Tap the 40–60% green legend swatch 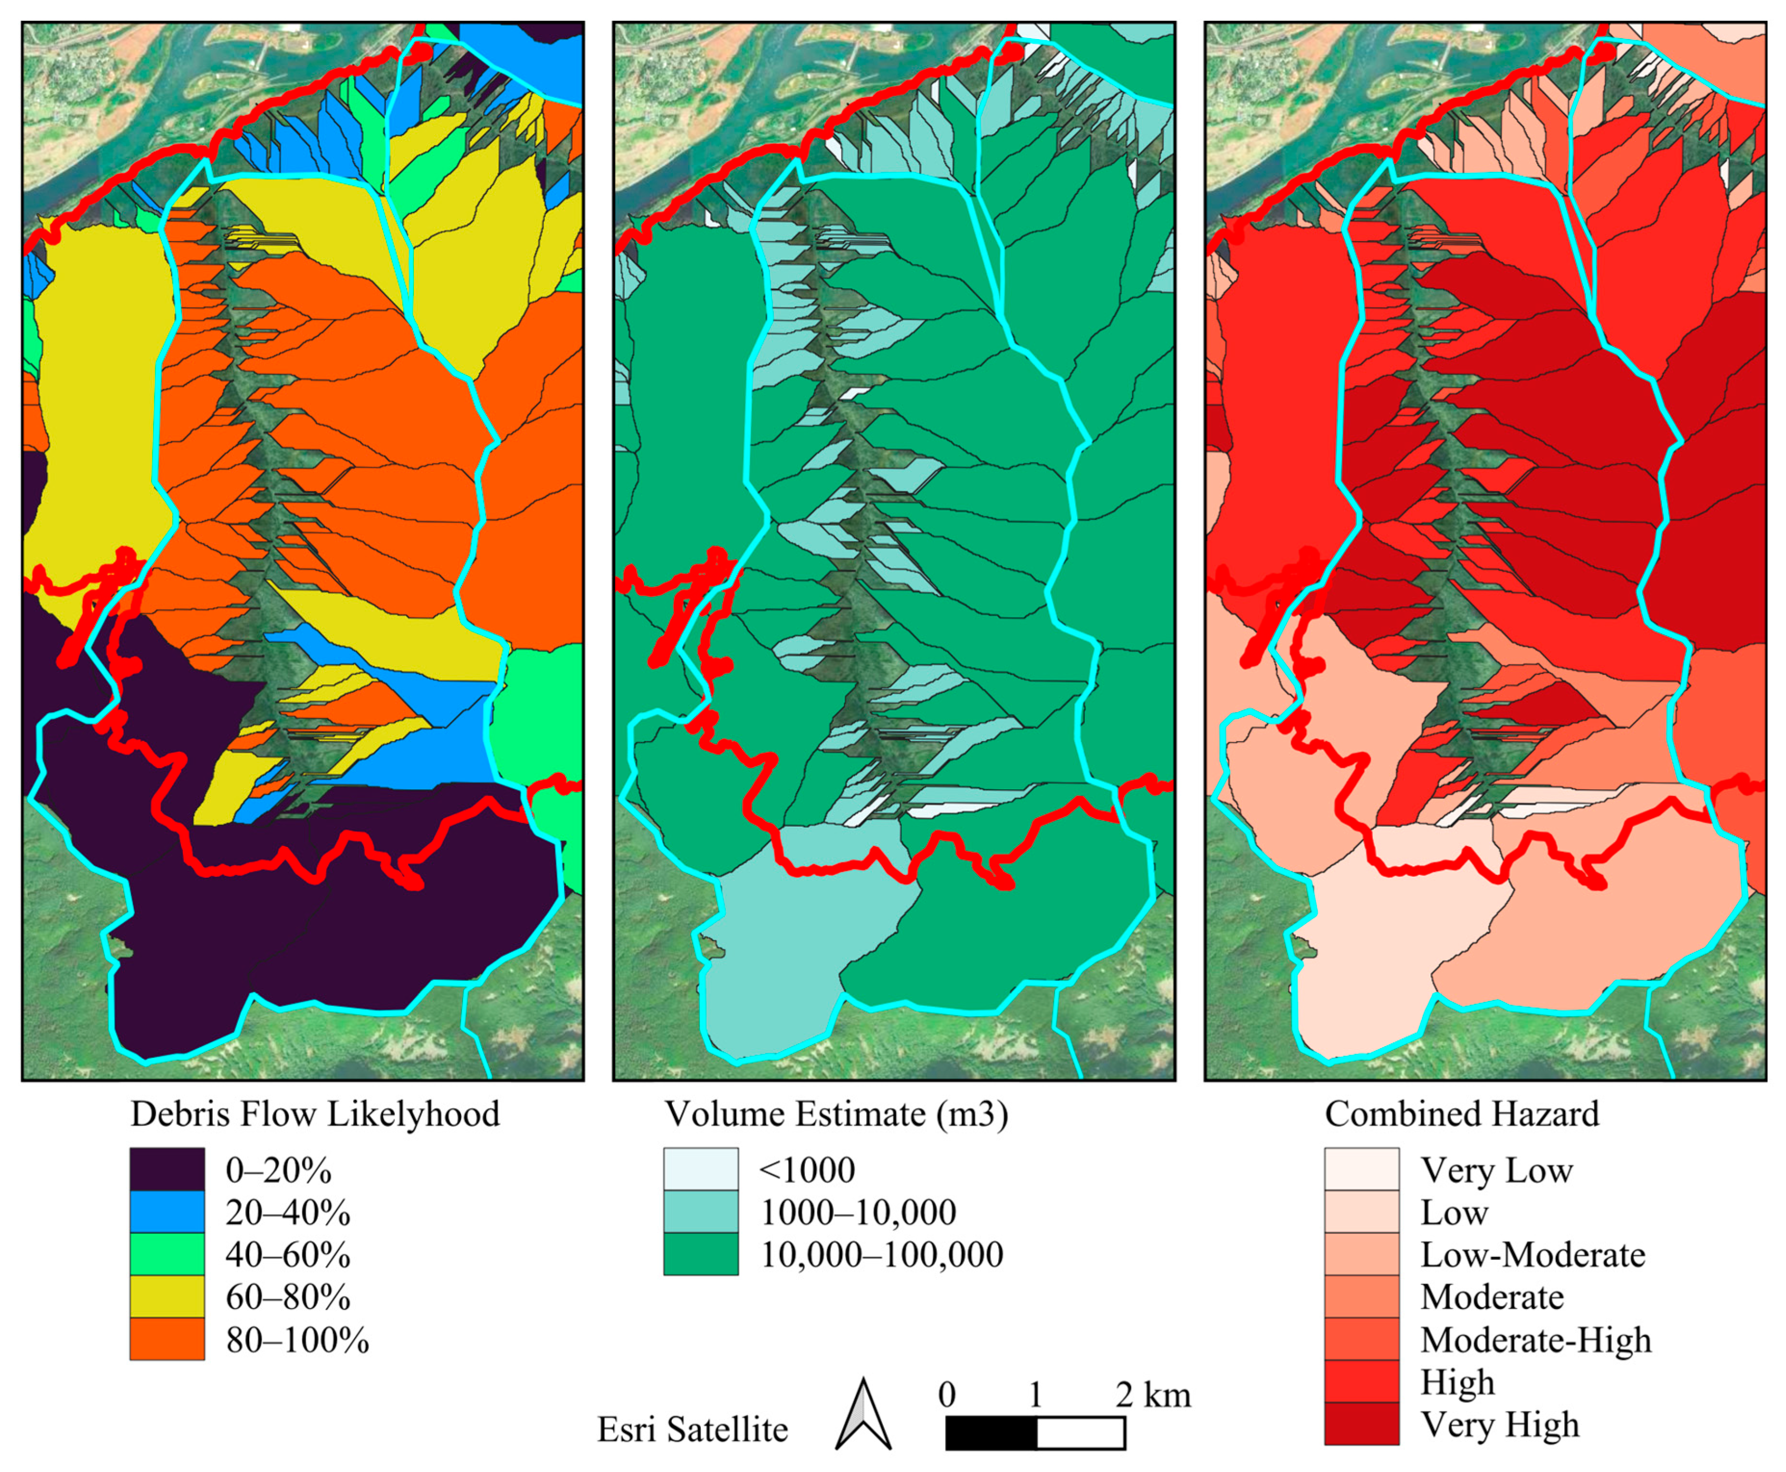[167, 1254]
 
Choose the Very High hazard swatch [1361, 1424]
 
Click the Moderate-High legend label [1536, 1340]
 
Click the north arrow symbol [863, 1417]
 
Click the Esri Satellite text [692, 1429]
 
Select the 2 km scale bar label [1153, 1395]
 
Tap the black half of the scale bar [991, 1433]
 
